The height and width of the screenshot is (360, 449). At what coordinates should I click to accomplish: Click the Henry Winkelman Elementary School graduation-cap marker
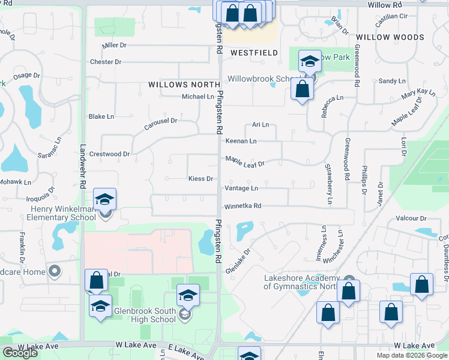click(105, 200)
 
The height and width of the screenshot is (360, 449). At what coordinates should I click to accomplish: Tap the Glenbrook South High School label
click(130, 315)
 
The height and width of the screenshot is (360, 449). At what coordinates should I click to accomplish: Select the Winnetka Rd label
click(243, 206)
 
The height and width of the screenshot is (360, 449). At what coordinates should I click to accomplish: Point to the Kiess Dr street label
click(201, 179)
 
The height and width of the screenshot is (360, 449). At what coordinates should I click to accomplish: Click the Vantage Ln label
click(241, 188)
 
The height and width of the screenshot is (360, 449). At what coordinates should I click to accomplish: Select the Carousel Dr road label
click(161, 124)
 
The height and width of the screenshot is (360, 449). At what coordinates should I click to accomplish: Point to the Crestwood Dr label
click(109, 154)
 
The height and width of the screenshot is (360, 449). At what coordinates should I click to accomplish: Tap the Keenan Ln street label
click(241, 141)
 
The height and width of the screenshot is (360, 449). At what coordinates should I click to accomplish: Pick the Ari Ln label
click(260, 125)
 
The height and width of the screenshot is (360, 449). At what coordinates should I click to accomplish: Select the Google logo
click(20, 353)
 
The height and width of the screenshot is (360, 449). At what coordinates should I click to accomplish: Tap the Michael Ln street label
click(198, 97)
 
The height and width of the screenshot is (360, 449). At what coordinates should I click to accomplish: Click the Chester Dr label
click(105, 62)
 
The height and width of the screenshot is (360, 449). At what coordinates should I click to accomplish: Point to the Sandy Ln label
click(392, 81)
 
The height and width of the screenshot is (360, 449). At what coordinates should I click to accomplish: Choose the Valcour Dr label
click(411, 218)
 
